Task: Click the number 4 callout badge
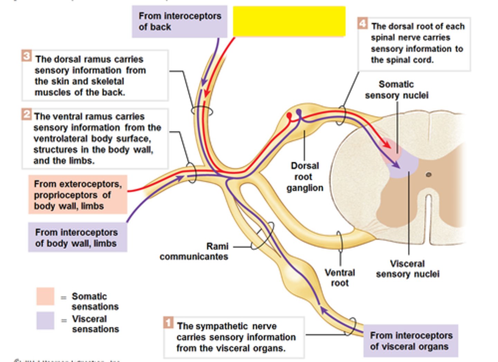362,23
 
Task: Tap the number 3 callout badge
27,56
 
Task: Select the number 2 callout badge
26,114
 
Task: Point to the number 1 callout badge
168,323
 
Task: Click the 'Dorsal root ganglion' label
304,177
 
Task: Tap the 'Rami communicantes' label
194,251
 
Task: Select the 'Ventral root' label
340,278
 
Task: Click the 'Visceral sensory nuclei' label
407,269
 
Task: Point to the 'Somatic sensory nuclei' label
397,90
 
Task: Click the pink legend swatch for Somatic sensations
45,296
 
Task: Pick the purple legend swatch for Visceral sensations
45,320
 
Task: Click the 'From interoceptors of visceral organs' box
411,341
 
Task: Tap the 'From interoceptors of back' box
179,21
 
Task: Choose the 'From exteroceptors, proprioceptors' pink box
77,195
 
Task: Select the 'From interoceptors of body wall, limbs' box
77,238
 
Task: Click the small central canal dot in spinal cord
428,174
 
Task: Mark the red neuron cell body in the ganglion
289,115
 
